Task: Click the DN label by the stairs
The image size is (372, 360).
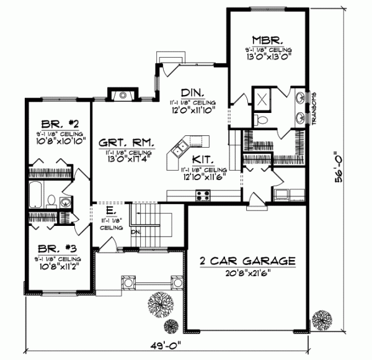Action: (135, 232)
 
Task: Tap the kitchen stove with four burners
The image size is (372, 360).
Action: (204, 196)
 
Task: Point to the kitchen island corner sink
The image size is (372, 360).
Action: (181, 148)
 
